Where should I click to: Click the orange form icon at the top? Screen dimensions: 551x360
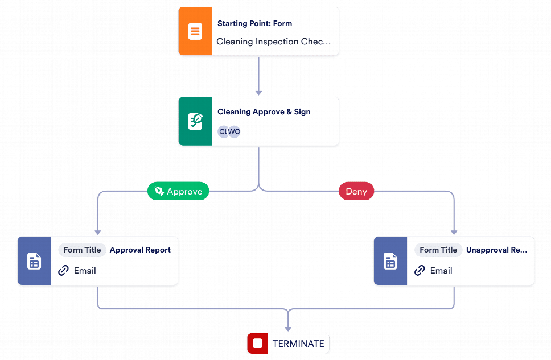[195, 31]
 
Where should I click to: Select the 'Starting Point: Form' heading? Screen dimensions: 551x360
[255, 23]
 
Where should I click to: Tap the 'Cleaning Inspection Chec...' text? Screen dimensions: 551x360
[273, 42]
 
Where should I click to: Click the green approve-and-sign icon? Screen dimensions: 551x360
[195, 121]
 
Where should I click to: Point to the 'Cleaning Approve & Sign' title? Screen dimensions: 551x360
[264, 111]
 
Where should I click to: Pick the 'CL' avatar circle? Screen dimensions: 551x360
[223, 132]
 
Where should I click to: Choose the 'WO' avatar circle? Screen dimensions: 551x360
[235, 132]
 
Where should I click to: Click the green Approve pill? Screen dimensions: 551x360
[178, 191]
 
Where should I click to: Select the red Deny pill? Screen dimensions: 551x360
[356, 191]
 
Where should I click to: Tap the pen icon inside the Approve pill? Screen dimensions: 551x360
[159, 191]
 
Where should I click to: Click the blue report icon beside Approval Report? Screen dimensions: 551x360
[34, 260]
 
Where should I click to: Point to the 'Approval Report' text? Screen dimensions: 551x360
[140, 250]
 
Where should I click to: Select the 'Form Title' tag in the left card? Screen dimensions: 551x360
[82, 250]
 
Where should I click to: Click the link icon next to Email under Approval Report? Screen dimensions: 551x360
[64, 271]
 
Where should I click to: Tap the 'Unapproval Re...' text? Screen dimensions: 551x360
[496, 250]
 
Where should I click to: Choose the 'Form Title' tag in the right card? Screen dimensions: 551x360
[438, 250]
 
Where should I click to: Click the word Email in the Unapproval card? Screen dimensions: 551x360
[441, 271]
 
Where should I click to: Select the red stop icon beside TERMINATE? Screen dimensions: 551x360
[258, 343]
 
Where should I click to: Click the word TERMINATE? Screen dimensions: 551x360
[298, 344]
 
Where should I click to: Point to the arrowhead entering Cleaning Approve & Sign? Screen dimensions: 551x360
[258, 93]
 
